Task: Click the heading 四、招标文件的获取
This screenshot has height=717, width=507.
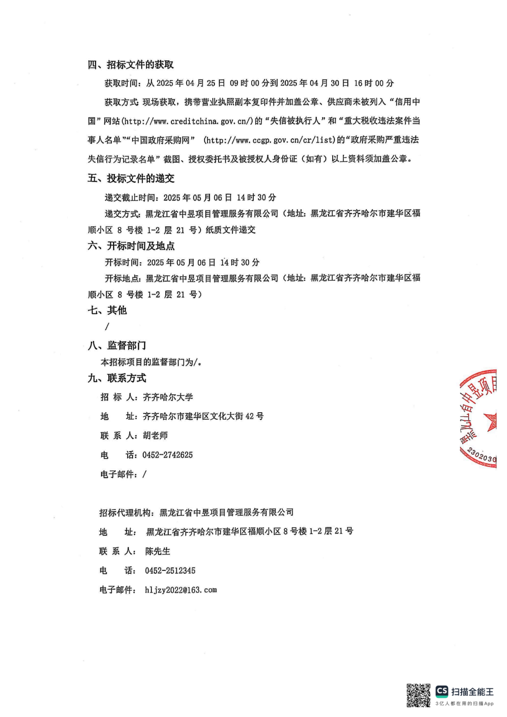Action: [131, 65]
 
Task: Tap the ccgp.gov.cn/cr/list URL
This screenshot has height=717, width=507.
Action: [270, 140]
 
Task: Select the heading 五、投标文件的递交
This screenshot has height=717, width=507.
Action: [131, 178]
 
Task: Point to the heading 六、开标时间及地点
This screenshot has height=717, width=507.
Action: [131, 246]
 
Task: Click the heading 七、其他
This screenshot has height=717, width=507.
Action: [107, 310]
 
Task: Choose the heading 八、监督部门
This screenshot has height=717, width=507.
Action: [117, 345]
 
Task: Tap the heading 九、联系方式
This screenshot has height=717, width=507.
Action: [117, 378]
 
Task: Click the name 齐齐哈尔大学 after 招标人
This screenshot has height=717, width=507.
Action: [168, 397]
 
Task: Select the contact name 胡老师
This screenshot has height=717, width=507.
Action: [155, 435]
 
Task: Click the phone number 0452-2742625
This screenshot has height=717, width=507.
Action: [167, 455]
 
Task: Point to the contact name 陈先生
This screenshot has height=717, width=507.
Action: [157, 551]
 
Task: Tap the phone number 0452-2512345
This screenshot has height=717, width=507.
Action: [170, 570]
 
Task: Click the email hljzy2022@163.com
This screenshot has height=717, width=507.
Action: [181, 590]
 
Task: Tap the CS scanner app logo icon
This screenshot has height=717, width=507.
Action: [442, 691]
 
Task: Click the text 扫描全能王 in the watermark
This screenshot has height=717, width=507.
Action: [472, 692]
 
